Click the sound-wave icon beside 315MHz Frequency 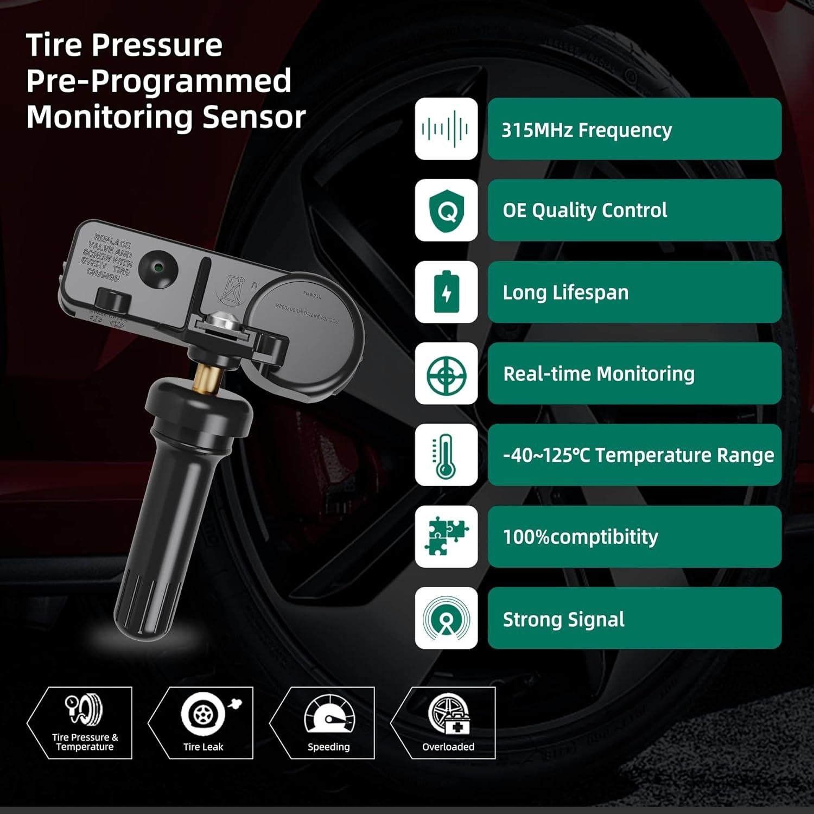click(x=446, y=129)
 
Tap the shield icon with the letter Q click(x=446, y=211)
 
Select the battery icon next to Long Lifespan click(x=446, y=292)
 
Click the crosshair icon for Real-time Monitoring click(x=446, y=374)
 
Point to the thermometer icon click(x=446, y=455)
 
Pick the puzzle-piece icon click(x=446, y=537)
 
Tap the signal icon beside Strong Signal click(x=446, y=618)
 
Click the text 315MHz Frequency click(x=586, y=130)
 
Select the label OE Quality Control click(x=584, y=211)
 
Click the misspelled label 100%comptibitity click(x=580, y=537)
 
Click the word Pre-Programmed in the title click(x=158, y=81)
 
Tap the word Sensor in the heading click(x=254, y=117)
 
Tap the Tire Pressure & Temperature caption click(x=85, y=742)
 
